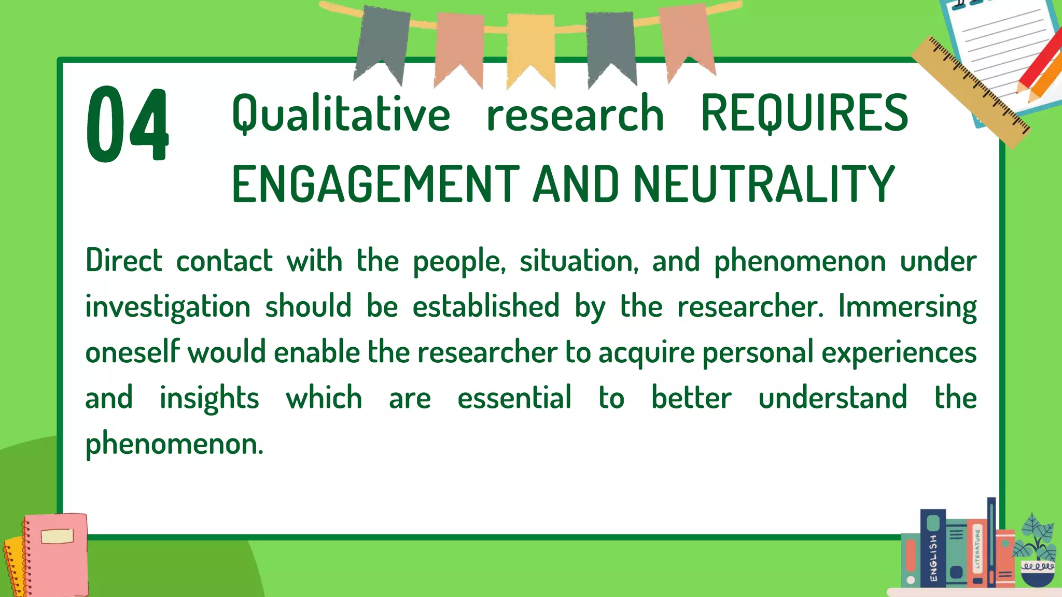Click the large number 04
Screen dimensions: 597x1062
pyautogui.click(x=127, y=124)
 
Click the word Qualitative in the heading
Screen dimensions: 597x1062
pyautogui.click(x=341, y=114)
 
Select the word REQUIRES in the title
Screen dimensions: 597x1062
pyautogui.click(x=804, y=114)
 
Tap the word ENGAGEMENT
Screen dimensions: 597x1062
pyautogui.click(x=375, y=184)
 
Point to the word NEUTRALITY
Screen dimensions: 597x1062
pyautogui.click(x=764, y=184)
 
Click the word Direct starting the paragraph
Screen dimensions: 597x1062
pyautogui.click(x=124, y=260)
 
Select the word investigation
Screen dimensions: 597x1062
pyautogui.click(x=167, y=306)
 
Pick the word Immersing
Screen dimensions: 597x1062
pyautogui.click(x=907, y=306)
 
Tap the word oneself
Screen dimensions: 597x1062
pyautogui.click(x=132, y=352)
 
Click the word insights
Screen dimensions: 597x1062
pyautogui.click(x=209, y=398)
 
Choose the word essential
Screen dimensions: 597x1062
pyautogui.click(x=514, y=398)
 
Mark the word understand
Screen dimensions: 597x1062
pyautogui.click(x=833, y=398)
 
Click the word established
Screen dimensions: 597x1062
pyautogui.click(x=486, y=306)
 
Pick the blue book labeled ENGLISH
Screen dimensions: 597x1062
pyautogui.click(x=933, y=549)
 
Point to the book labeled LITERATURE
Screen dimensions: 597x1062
pyautogui.click(x=977, y=555)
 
